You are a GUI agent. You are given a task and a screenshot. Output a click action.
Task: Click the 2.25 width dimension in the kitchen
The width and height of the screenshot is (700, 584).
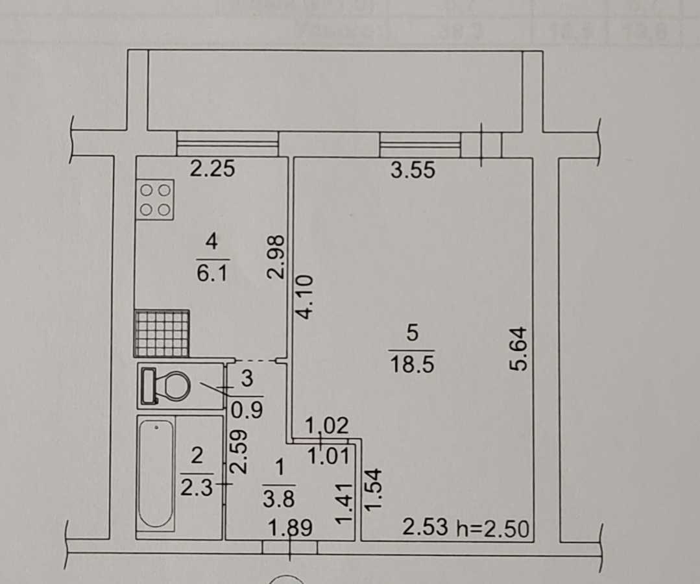[211, 169]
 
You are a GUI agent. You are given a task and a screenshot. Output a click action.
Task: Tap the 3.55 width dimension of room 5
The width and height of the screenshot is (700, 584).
[413, 171]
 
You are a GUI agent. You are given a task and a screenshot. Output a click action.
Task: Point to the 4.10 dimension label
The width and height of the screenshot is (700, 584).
[306, 295]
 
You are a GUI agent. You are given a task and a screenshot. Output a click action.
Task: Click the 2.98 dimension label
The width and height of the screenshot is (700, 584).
[276, 258]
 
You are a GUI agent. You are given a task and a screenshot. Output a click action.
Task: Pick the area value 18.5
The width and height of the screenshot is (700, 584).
[411, 363]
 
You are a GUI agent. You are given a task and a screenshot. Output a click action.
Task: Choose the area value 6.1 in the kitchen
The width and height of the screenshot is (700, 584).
[211, 274]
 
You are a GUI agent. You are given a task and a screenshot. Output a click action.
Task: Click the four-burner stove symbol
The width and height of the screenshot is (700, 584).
[156, 199]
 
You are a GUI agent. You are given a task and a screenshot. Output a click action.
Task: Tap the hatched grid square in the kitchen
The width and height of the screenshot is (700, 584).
[162, 334]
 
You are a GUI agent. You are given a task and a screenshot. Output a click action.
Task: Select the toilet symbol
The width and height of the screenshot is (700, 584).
[165, 387]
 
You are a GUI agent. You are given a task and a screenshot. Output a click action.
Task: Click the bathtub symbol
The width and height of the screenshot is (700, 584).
[156, 473]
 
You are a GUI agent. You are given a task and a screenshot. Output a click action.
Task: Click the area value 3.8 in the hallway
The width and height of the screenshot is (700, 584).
[279, 500]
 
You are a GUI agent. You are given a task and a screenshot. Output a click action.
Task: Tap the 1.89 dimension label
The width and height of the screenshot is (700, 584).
[291, 529]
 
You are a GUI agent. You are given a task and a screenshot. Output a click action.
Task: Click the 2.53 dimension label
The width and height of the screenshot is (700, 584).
[425, 528]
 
